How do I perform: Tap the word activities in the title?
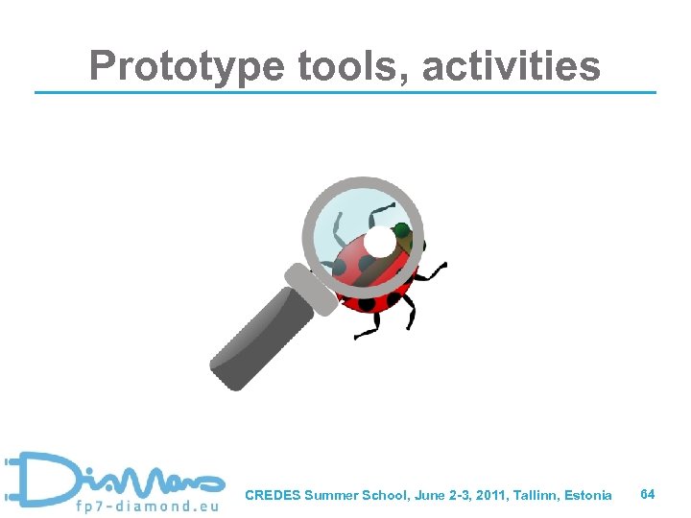coord(512,66)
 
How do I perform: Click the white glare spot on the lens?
coord(380,244)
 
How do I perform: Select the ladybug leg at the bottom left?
coord(369,330)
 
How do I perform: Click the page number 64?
coord(648,494)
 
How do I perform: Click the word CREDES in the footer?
coord(273,496)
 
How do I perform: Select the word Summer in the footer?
coord(327,496)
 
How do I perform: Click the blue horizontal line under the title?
coord(345,92)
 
